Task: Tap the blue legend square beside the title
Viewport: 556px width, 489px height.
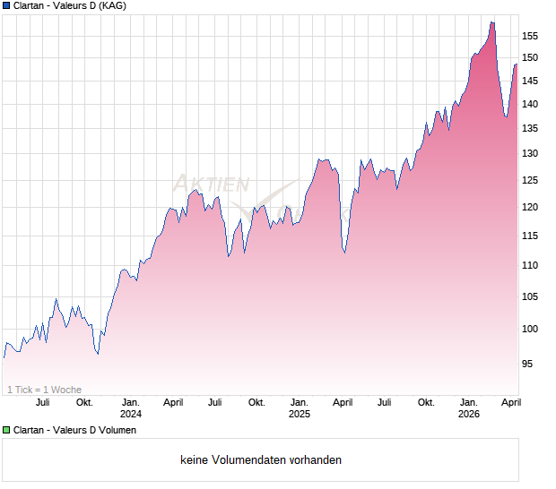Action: tap(6, 6)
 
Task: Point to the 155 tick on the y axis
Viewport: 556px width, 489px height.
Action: tap(529, 37)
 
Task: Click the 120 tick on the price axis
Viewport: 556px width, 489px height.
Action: tap(529, 208)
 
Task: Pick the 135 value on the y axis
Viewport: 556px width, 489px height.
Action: tap(529, 129)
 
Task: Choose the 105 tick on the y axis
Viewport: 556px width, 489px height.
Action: tap(529, 297)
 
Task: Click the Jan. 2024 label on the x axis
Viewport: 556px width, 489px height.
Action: tap(131, 408)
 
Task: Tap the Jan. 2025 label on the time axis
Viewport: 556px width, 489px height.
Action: tap(300, 408)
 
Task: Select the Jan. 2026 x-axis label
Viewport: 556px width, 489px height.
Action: tap(469, 408)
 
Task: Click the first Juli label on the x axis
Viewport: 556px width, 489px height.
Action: tap(42, 403)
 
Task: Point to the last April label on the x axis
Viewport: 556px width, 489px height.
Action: tap(510, 403)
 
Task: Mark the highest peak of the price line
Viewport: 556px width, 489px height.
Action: tap(492, 22)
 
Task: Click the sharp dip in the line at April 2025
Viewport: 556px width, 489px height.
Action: tap(344, 253)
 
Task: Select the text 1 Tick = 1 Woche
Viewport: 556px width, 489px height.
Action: tap(45, 390)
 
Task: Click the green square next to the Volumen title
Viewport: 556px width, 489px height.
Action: tap(6, 431)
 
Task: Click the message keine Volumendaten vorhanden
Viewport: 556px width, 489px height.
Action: tap(261, 460)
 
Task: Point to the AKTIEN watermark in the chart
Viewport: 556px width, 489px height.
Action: tap(211, 184)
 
